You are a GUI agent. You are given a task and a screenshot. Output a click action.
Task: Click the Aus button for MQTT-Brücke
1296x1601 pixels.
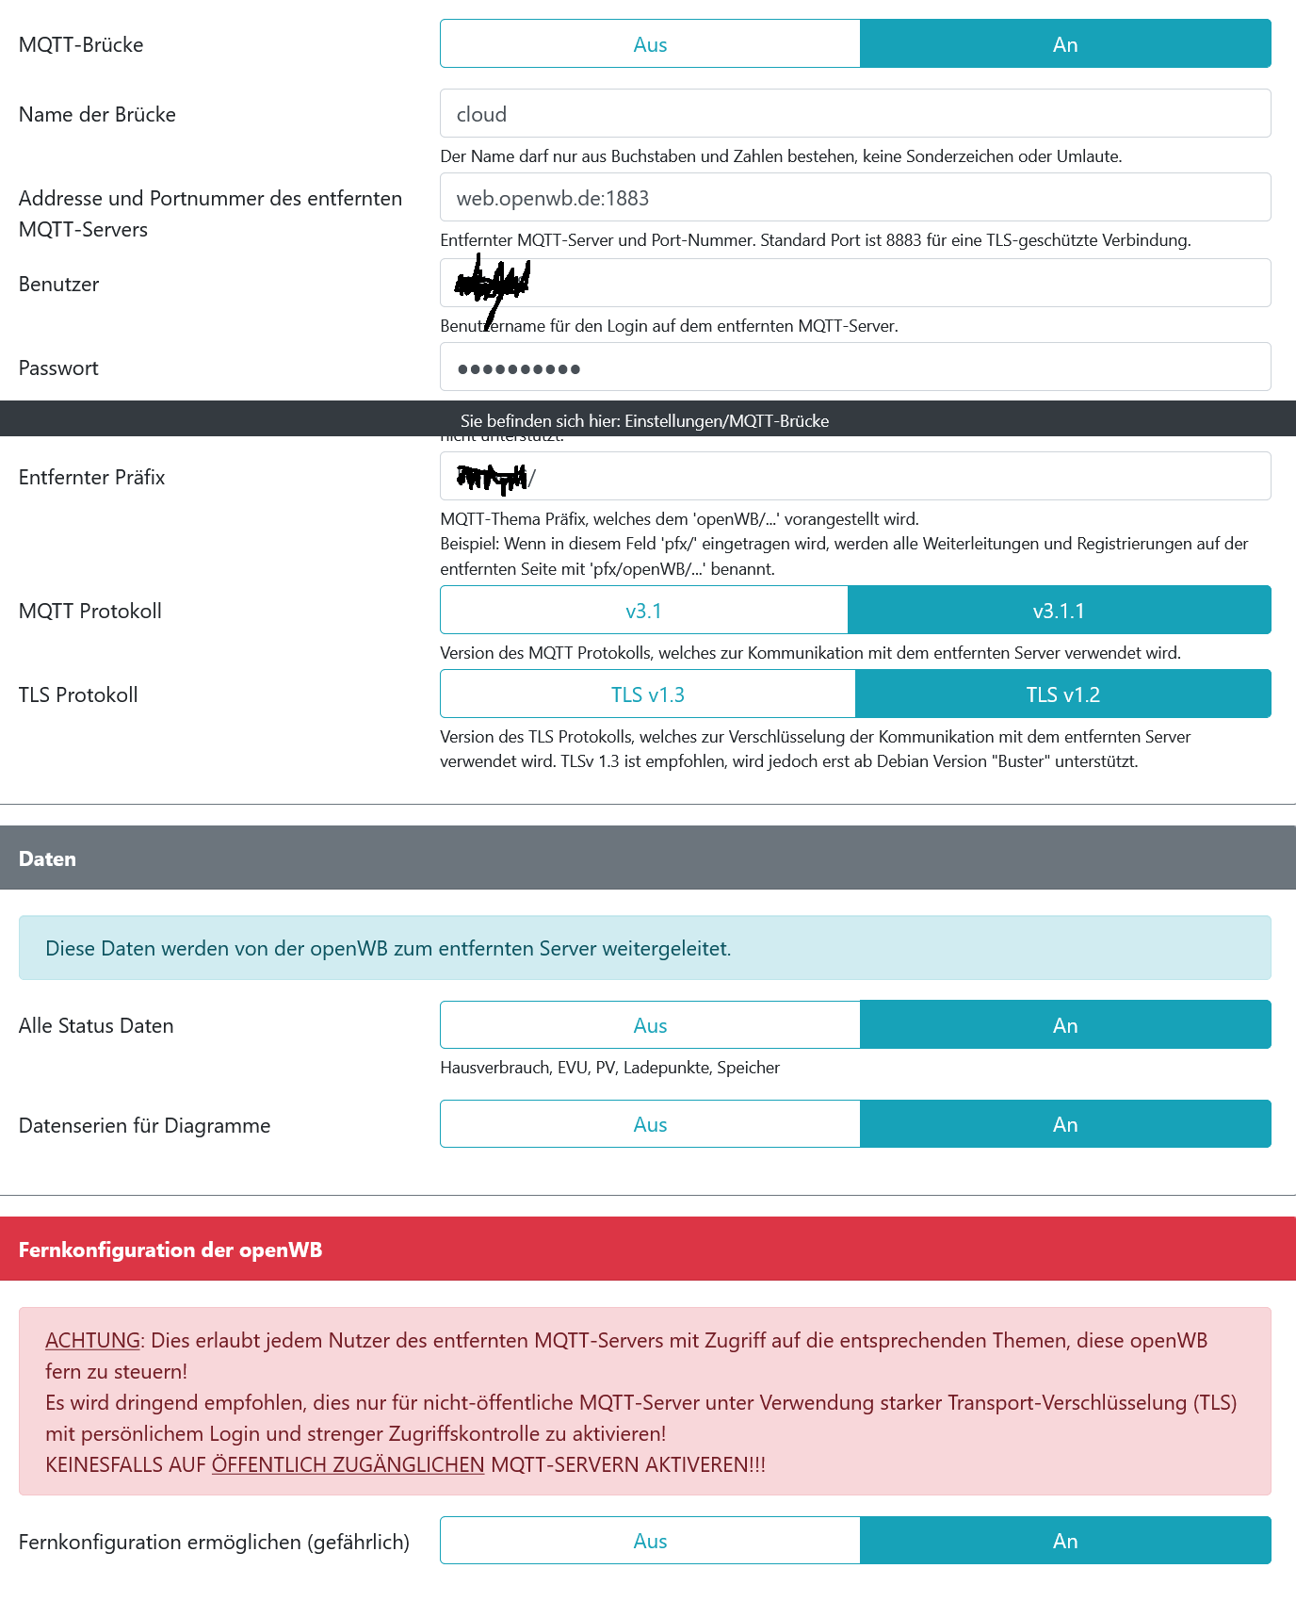click(650, 44)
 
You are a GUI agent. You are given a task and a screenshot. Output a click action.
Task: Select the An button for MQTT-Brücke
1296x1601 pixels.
click(1065, 44)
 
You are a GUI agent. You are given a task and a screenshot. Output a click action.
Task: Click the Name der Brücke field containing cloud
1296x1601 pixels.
click(854, 114)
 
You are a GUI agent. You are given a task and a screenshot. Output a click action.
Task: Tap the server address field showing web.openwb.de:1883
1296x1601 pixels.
click(854, 198)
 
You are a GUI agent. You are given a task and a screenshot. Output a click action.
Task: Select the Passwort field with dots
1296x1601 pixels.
click(854, 368)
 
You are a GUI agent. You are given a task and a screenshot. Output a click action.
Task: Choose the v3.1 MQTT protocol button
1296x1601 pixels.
click(644, 611)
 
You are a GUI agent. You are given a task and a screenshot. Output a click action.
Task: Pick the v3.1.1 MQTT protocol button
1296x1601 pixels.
click(1059, 611)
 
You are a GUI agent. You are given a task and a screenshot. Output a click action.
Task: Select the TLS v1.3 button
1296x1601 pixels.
click(648, 694)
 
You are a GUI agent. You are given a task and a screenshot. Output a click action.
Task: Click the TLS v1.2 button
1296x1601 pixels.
click(1062, 694)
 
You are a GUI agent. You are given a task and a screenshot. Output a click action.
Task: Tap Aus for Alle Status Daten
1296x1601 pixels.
click(650, 1025)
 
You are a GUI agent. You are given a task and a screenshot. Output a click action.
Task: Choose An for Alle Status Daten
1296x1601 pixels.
click(1065, 1025)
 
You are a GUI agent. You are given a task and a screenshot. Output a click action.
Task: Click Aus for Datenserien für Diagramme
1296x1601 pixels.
click(650, 1124)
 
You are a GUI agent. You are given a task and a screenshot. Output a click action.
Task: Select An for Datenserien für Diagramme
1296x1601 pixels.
click(1065, 1124)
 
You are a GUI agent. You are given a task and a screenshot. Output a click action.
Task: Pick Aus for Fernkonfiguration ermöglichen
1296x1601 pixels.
click(650, 1541)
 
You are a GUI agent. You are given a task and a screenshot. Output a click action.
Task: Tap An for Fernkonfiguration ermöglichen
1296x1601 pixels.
click(1065, 1541)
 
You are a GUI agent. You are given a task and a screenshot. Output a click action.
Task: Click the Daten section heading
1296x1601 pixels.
click(48, 858)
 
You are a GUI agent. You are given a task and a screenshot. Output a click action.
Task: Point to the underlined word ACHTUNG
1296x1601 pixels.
click(92, 1340)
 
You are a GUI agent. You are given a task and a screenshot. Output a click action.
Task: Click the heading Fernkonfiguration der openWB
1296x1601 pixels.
click(170, 1250)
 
